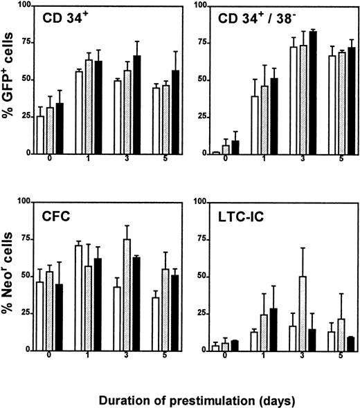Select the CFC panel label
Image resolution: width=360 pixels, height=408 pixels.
55,215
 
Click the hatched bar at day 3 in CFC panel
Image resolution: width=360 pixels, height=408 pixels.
127,294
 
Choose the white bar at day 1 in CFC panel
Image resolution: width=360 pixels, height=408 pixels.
79,297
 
